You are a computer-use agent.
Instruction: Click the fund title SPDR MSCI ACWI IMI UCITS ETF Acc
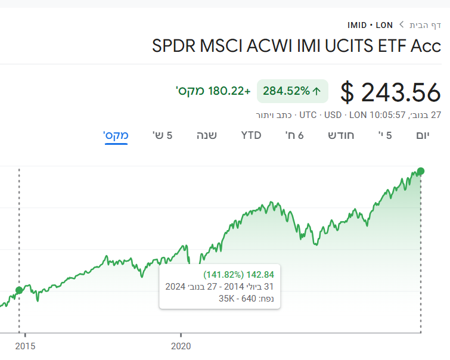[297, 46]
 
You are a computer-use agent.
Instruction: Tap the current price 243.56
[390, 92]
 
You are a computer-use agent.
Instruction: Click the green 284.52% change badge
[292, 91]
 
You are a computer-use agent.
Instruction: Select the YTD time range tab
[251, 135]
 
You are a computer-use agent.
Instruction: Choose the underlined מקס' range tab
[116, 135]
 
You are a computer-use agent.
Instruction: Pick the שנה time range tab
[207, 135]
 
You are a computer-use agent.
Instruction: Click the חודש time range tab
[341, 135]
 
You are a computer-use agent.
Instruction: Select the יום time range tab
[423, 135]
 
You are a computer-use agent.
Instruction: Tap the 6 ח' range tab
[294, 135]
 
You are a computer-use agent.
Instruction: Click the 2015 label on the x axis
[24, 345]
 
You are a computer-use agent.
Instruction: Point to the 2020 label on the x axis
[181, 345]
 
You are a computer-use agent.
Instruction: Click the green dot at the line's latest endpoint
[421, 172]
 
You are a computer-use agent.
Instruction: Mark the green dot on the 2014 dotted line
[19, 290]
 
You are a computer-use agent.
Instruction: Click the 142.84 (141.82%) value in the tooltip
[238, 275]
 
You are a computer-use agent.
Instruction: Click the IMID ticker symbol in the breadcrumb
[356, 25]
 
